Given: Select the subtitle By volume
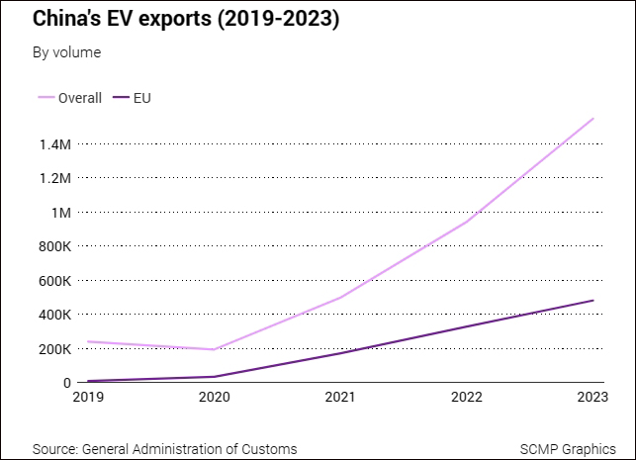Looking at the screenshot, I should point(66,52).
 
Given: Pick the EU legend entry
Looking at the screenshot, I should point(141,98).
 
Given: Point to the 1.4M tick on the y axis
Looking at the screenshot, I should point(54,144).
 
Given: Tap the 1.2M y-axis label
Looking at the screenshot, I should point(54,178).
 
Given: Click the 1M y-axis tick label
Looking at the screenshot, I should point(60,213).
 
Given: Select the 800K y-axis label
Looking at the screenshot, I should point(53,246).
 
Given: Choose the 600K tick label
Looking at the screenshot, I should point(53,281).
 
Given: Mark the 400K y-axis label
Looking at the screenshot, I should point(53,315).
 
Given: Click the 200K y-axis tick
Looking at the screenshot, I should point(53,349).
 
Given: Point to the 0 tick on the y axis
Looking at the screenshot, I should point(66,383).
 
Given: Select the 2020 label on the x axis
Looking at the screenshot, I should point(214,399).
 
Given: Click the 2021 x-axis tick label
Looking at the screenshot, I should point(340,399).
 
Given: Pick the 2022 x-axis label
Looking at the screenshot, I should point(467,399).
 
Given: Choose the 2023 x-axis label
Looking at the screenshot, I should point(592,399).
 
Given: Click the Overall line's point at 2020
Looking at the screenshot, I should point(214,349).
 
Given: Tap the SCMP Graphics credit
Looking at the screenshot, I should point(567,449).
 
